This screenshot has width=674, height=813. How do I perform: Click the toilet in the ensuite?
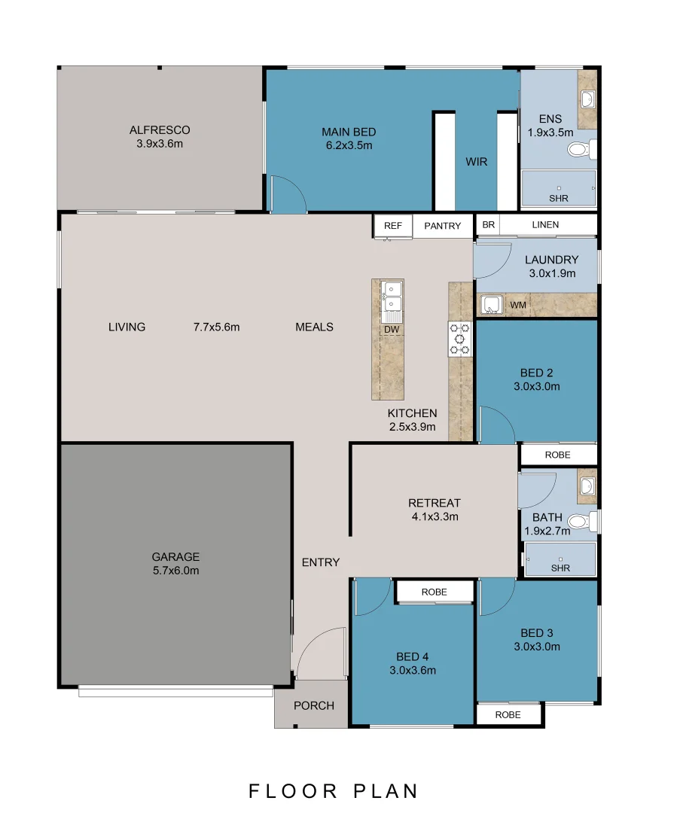pos(581,150)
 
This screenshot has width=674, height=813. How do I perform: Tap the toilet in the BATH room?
pos(582,521)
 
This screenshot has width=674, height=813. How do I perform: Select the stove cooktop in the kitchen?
pos(460,339)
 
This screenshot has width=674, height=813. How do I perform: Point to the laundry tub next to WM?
pos(491,304)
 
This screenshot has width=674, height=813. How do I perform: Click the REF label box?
pos(393,226)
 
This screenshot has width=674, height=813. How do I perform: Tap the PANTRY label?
pos(443,226)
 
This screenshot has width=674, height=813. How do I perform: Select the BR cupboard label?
pos(488,224)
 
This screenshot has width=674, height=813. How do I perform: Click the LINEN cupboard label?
pos(545,224)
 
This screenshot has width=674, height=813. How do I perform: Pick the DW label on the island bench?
pos(392,329)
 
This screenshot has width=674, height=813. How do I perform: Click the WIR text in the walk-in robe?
pos(476,162)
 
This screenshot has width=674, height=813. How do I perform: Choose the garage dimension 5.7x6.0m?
pos(176,571)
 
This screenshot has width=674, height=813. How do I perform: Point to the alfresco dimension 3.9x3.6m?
pos(160,144)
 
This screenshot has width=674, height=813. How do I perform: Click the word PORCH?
pos(314,705)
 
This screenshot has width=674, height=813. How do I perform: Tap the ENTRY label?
pos(321,562)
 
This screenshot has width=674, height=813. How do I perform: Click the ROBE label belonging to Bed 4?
pos(435,592)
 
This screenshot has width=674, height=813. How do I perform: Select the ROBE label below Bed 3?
pos(508,714)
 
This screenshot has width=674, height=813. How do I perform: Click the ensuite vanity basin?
pos(587,99)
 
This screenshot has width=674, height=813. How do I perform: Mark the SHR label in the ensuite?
pos(559,198)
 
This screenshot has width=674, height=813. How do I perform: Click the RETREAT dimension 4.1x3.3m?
pos(435,516)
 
